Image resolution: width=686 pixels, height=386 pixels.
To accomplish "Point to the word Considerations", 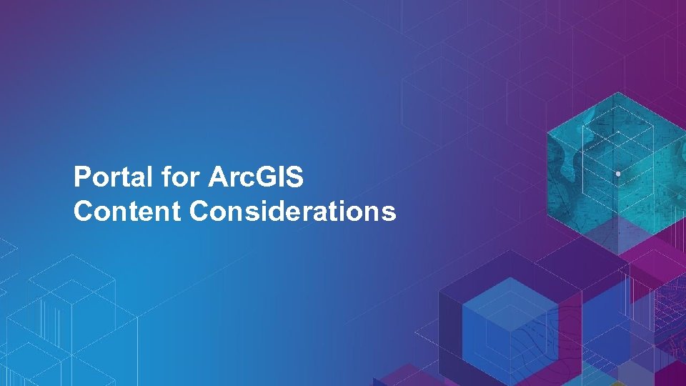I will [293, 212].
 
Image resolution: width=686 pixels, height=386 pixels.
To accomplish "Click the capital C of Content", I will [83, 212].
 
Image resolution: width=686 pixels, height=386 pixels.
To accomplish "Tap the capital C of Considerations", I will [201, 212].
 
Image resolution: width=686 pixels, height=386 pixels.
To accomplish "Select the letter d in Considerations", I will [277, 212].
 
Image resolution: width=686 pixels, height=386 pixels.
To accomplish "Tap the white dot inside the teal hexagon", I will [617, 174].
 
